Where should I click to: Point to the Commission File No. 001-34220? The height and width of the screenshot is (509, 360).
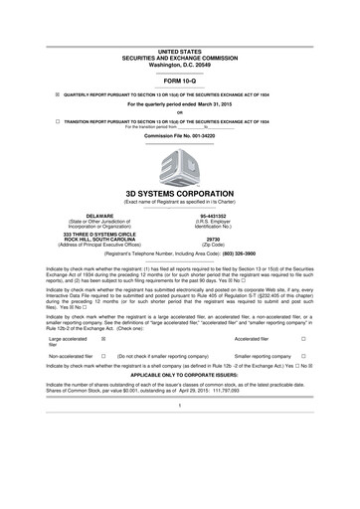[179, 132]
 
